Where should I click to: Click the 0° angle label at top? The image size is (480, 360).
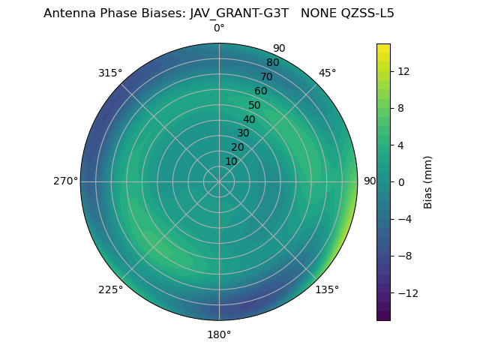tap(219, 28)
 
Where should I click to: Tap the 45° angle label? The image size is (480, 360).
tap(327, 73)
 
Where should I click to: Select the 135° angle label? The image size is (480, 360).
tap(327, 290)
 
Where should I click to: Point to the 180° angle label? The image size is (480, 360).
tap(219, 334)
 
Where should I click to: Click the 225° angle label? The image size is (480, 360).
tap(110, 290)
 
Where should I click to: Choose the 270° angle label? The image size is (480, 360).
tap(65, 181)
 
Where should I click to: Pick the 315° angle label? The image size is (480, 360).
tap(110, 73)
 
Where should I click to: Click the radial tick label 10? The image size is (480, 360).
tap(231, 161)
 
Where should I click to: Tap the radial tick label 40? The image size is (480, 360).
tap(249, 119)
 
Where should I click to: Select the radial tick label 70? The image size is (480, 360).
tap(267, 76)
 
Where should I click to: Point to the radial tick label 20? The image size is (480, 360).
tap(237, 147)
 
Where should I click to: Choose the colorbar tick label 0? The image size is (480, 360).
tap(401, 182)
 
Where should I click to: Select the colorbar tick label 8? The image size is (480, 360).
tap(401, 108)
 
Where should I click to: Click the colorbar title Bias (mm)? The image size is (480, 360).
tap(428, 182)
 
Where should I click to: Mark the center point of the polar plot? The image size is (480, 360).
tap(219, 181)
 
